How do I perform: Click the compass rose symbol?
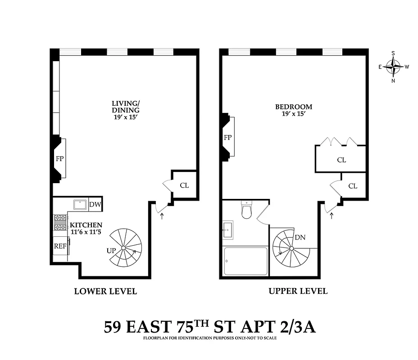pos(394,67)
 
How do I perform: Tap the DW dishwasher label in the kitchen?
pos(95,205)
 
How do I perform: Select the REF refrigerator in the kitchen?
pos(60,246)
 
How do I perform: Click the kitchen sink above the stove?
pos(80,204)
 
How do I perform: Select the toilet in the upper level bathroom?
pos(246,210)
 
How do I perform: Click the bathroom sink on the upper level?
pos(227,230)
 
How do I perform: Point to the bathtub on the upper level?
pos(246,261)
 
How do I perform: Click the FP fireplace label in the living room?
pos(59,158)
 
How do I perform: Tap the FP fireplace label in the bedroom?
pos(227,137)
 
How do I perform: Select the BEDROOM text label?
pos(294,107)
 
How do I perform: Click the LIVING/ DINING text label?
pos(126,106)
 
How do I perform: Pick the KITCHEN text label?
pos(86,225)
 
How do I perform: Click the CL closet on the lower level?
pos(184,185)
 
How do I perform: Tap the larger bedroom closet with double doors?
pos(341,160)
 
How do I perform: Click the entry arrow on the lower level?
pos(162,216)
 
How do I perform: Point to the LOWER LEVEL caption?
pos(105,291)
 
